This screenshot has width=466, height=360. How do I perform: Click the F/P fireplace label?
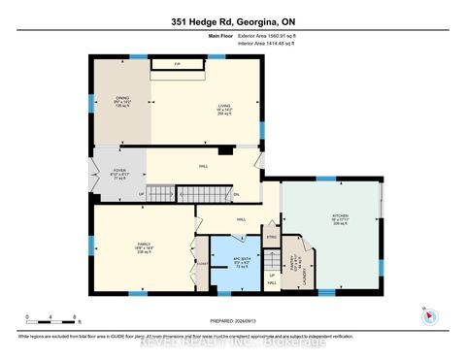[x=177, y=64]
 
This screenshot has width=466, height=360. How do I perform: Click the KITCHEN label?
[x=326, y=217]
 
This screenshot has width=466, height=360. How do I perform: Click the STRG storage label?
[x=272, y=236]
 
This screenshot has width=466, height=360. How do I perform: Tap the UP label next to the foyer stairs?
[x=143, y=192]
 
